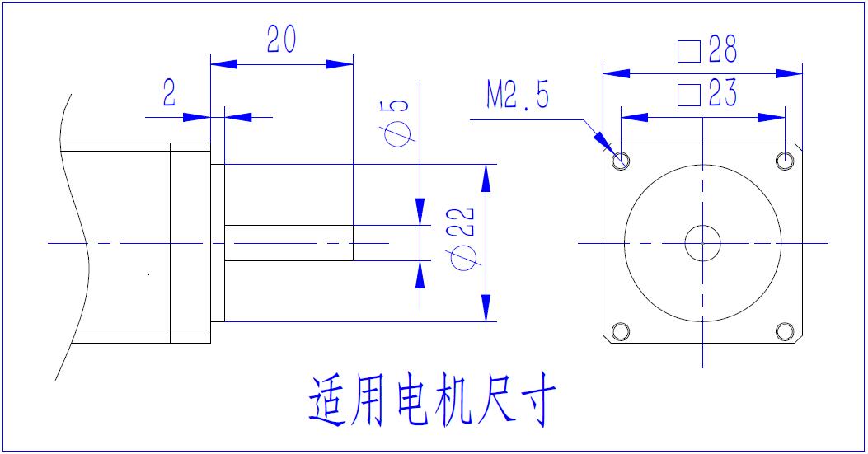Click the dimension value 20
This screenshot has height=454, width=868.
coord(282,40)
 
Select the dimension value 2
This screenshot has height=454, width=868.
coord(169,94)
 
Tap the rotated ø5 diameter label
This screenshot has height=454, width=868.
coord(397,122)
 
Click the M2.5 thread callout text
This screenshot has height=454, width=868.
coord(517,96)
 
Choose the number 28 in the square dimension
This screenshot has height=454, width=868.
coord(721,51)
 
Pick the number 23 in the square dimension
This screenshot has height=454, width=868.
coord(721,95)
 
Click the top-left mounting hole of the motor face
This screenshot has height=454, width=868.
coord(621,160)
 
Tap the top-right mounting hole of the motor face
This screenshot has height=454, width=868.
coord(784,160)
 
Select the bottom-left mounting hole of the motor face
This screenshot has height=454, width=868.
coord(621,331)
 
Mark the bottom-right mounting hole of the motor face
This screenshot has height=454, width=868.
coord(784,331)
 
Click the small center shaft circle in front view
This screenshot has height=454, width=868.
coord(702,243)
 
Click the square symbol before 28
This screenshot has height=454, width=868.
coord(688,52)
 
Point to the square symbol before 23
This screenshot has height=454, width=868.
coord(688,96)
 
